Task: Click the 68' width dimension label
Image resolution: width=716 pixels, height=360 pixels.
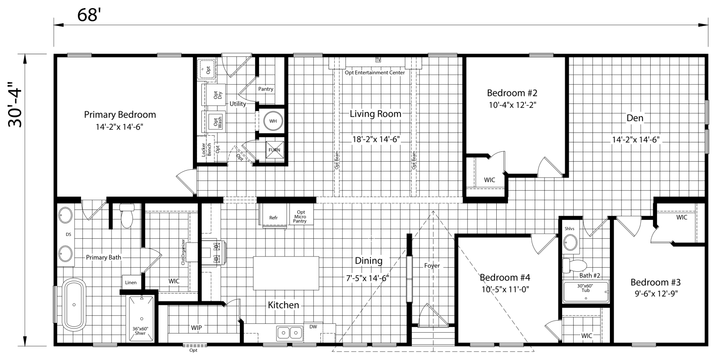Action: click(87, 14)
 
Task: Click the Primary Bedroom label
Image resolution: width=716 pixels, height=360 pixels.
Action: click(120, 115)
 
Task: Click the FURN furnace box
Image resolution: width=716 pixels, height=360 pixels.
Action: click(274, 150)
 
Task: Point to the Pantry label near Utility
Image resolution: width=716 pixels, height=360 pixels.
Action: click(265, 89)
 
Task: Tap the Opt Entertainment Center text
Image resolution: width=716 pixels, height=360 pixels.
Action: click(375, 73)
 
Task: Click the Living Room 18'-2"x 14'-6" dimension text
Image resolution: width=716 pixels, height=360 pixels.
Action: click(375, 139)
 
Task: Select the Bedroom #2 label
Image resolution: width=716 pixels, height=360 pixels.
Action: click(512, 93)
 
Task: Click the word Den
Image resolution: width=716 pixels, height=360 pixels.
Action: click(635, 118)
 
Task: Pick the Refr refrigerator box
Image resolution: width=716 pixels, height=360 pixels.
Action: click(273, 218)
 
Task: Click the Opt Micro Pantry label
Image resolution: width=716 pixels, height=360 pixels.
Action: click(300, 217)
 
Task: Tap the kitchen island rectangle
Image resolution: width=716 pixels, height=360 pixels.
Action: click(286, 273)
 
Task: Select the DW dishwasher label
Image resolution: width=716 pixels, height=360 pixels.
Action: click(313, 327)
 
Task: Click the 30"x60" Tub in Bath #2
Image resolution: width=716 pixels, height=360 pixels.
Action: click(585, 291)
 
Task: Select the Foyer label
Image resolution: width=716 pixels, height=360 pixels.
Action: click(432, 266)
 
